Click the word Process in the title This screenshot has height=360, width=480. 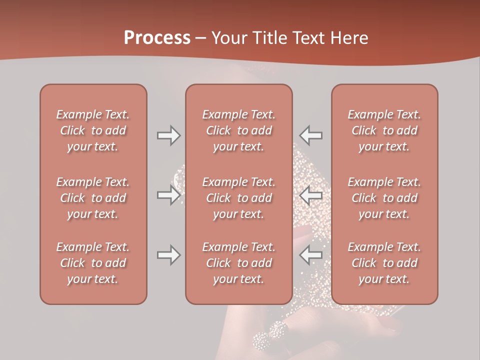point(157,38)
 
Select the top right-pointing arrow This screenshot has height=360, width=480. point(168,135)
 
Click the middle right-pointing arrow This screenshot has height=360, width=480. point(168,195)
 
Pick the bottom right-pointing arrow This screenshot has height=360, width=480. point(168,255)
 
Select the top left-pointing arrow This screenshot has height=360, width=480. point(311,135)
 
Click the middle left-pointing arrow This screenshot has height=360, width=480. point(311,195)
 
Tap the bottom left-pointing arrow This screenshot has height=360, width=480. point(311,255)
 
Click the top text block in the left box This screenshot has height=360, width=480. point(93,130)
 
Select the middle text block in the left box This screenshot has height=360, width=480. point(93,198)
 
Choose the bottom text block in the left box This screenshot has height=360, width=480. point(93,263)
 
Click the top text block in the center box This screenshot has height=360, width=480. point(238,130)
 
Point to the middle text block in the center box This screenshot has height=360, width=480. point(238,198)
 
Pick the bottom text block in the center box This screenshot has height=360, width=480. point(238,263)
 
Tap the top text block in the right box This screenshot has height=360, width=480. point(384,130)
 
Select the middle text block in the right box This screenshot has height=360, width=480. point(384,198)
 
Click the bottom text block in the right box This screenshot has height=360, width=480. point(384,263)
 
